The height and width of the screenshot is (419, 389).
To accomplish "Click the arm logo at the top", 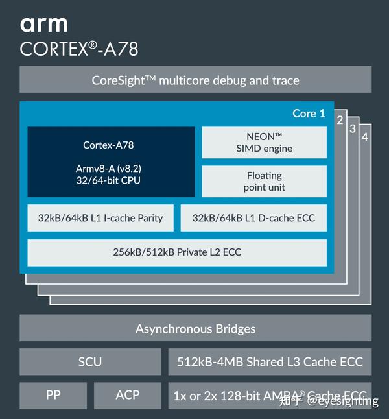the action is click(x=43, y=25).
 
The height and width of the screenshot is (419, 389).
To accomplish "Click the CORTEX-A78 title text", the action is click(x=79, y=49).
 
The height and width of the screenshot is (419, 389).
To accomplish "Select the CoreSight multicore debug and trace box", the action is click(x=195, y=80).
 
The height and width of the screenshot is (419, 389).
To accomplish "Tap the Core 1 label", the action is click(x=309, y=114).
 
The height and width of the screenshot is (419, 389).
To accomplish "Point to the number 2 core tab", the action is click(x=340, y=120).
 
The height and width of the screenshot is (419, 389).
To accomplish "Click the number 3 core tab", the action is click(x=353, y=128).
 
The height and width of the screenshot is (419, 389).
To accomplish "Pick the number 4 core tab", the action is click(x=365, y=137).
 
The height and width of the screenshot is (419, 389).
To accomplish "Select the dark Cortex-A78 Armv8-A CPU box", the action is click(x=111, y=162).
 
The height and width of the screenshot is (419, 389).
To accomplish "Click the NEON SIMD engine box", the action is click(x=265, y=143).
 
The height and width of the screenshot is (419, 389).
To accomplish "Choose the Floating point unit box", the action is click(x=265, y=182).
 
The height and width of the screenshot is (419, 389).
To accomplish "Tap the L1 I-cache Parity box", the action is click(x=100, y=218).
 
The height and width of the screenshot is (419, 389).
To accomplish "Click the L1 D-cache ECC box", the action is click(x=253, y=218).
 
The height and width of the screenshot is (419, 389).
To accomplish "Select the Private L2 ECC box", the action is click(x=177, y=252).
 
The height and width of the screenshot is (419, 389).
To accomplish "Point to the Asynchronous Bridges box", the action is click(x=195, y=328).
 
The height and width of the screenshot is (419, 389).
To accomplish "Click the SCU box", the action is click(x=90, y=361).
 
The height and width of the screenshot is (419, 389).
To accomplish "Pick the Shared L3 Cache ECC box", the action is click(x=270, y=361).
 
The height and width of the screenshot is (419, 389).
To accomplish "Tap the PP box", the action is click(x=53, y=394).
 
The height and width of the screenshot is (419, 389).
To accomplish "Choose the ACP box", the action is click(x=127, y=394).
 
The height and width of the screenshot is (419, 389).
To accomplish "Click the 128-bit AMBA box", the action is click(x=270, y=394).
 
